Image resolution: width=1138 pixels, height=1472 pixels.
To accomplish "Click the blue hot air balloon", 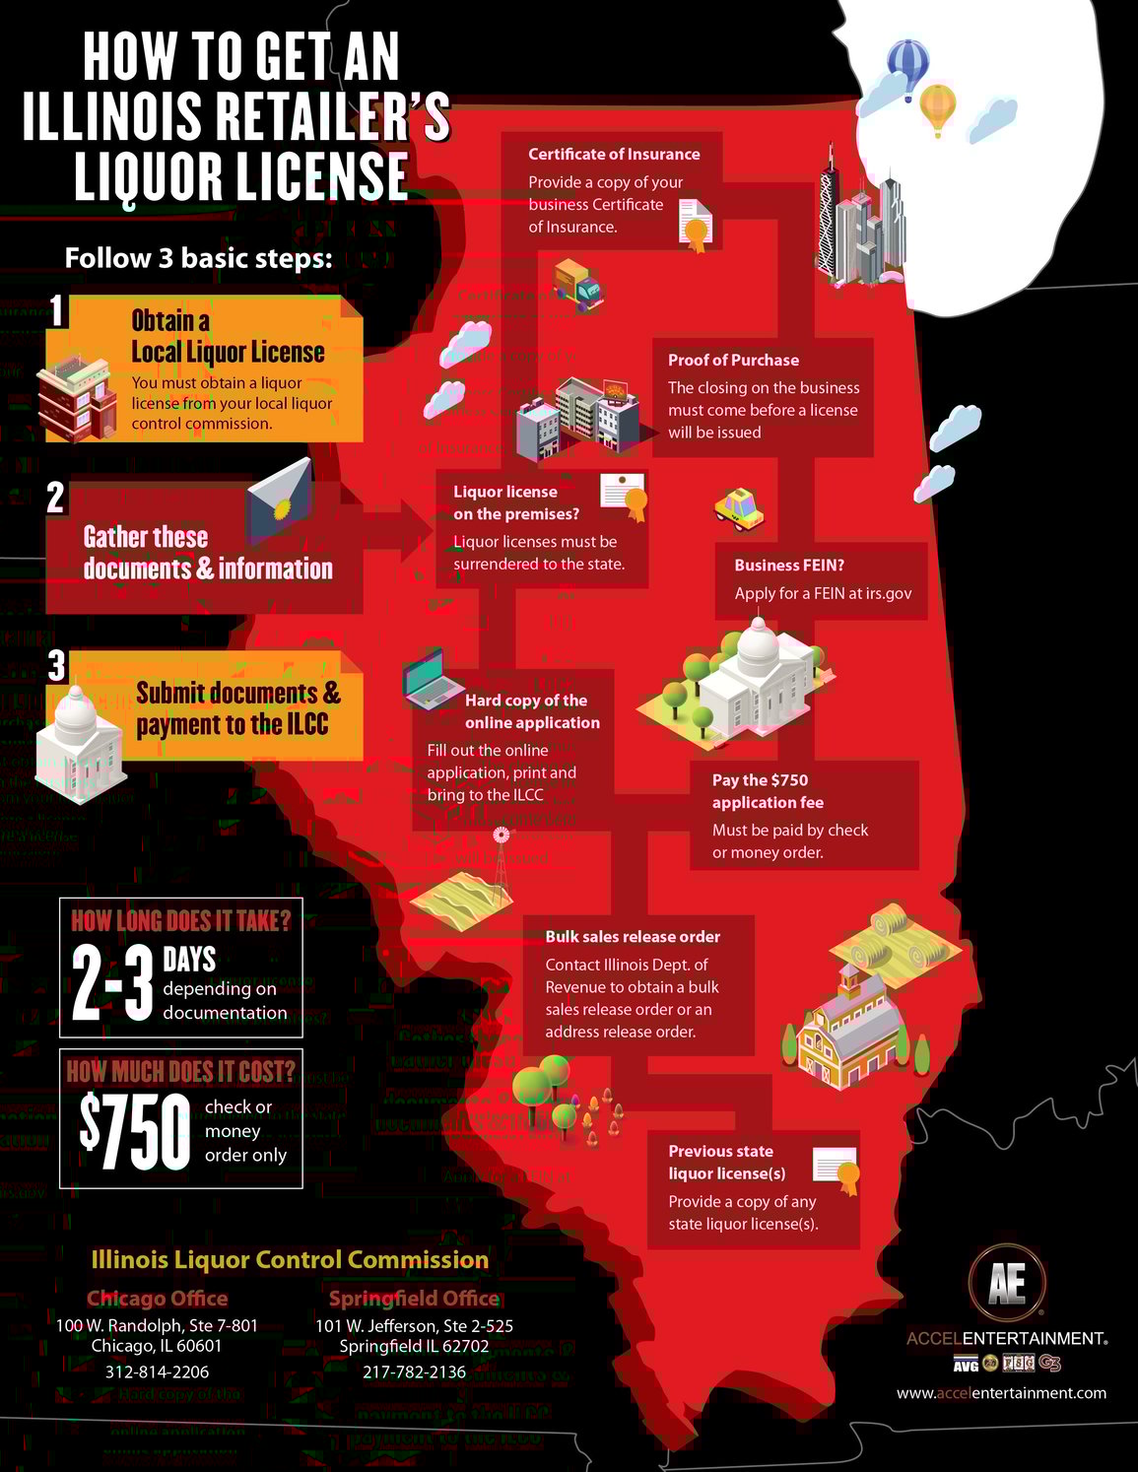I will pos(907,66).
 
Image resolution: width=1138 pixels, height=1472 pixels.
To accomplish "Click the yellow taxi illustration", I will pos(739,508).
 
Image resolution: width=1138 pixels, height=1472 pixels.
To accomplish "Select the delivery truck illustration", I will pos(577,285).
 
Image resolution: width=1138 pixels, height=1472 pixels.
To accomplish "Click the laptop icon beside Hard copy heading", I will pos(432,678).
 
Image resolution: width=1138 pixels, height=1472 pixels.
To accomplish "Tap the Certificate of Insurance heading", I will pos(614,154).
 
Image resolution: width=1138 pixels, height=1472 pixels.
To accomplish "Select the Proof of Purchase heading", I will pos(733,360).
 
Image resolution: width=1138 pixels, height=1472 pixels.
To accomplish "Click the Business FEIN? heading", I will pos(789,565).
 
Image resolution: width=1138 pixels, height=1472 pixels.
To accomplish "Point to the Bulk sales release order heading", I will pos(633,936).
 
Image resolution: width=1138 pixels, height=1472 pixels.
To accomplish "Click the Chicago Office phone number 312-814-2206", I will pos(157,1372).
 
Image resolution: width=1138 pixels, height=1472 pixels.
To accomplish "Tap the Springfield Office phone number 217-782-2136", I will pos(414,1372).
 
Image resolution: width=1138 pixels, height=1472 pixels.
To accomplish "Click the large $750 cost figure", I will pos(135,1130).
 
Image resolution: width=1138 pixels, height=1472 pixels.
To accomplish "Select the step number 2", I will pos(56,498).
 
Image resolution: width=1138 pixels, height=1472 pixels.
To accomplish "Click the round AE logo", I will pos(1006,1283).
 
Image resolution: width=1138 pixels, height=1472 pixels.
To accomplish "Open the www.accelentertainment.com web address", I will pos(1001,1392).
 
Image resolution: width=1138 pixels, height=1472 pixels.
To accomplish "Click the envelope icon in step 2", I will pos(280,502).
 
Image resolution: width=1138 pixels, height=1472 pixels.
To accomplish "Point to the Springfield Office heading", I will pos(414,1298).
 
